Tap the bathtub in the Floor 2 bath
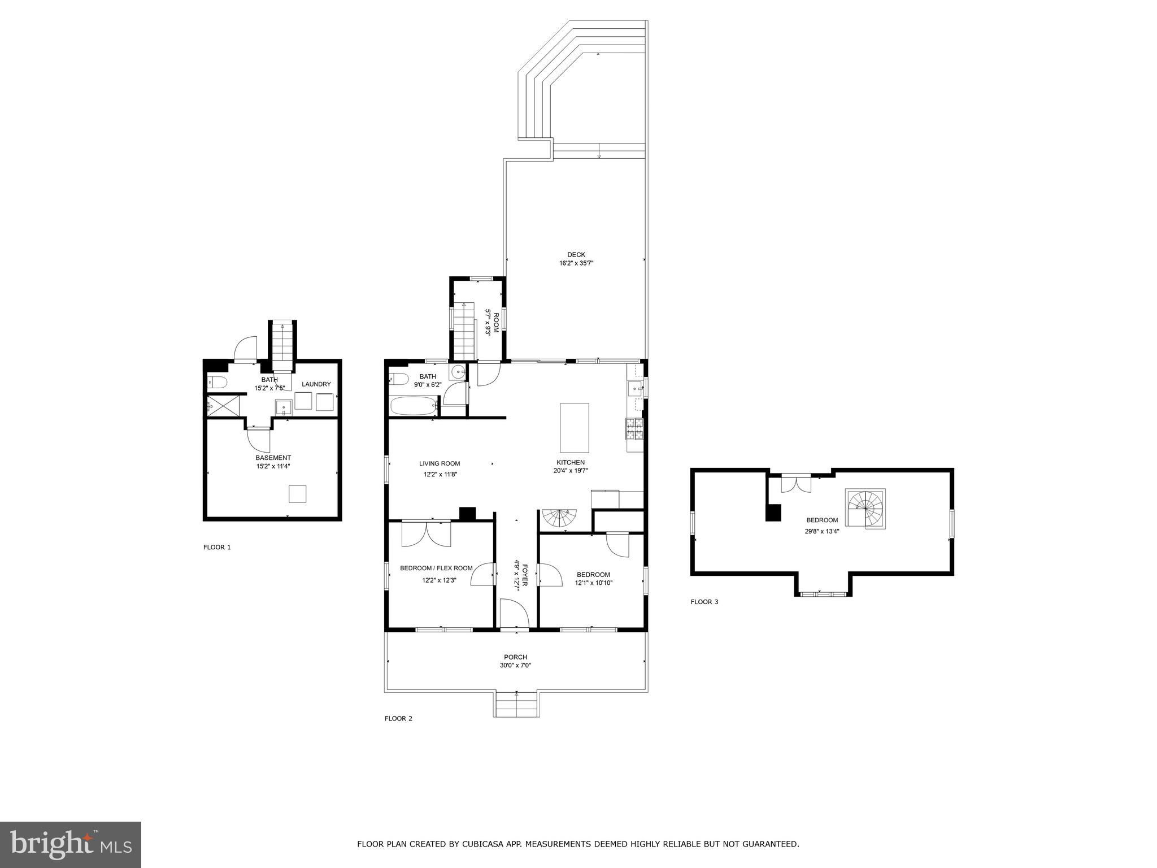click(x=414, y=405)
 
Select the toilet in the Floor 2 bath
click(x=398, y=379)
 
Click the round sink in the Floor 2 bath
click(x=458, y=372)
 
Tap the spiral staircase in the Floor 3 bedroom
click(x=865, y=509)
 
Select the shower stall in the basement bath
click(x=217, y=405)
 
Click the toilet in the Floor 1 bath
click(x=216, y=383)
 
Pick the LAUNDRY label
click(x=316, y=384)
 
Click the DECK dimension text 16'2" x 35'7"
click(x=576, y=263)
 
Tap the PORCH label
click(x=515, y=657)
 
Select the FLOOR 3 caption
click(x=704, y=602)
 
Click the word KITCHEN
click(x=571, y=462)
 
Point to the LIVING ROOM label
click(x=440, y=463)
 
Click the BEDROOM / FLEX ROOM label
click(x=436, y=568)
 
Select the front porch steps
click(x=516, y=705)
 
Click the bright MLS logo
click(x=71, y=845)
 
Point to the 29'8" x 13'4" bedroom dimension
click(x=822, y=531)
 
